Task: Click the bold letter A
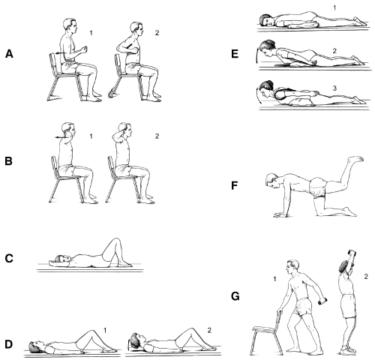pos(9,54)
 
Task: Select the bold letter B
pos(9,161)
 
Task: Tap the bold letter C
pos(9,258)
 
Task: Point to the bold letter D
pos(9,344)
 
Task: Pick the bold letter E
pos(235,54)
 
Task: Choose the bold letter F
pos(235,186)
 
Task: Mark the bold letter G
pos(235,296)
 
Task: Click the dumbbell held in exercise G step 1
pos(322,301)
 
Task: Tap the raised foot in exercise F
pos(356,159)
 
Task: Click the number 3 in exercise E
pos(334,88)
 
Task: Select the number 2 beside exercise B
pos(157,136)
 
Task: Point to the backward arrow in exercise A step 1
pos(61,53)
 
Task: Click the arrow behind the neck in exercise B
pos(60,137)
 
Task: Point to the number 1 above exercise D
pos(105,331)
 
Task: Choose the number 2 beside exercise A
pos(157,33)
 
